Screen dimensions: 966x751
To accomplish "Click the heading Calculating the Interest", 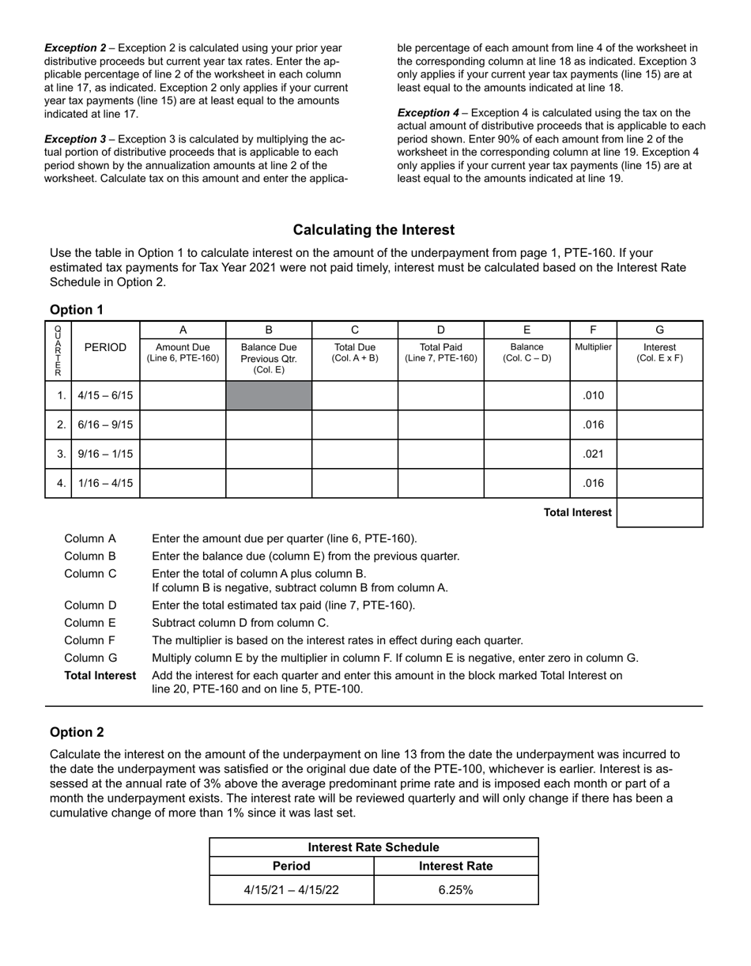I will pos(374,230).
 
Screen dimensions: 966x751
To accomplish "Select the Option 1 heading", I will pos(77,310).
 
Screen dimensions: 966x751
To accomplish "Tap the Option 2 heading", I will pos(77,732).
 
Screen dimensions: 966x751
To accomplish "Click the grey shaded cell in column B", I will pos(269,395).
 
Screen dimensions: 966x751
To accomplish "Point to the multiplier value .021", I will pos(593,454).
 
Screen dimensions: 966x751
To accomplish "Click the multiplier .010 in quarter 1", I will pos(593,395).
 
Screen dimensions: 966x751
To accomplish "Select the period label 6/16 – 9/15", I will pos(105,425).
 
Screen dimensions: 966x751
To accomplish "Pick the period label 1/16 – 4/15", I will pos(105,483).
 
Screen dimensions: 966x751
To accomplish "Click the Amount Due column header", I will pos(183,353).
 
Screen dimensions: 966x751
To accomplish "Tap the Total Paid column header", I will pos(440,353).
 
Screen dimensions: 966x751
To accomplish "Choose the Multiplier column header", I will pos(593,347).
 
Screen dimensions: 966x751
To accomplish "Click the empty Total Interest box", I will pos(659,512).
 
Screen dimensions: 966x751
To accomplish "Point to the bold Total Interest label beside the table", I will pos(577,512).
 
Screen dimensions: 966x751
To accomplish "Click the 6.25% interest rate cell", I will pos(455,889).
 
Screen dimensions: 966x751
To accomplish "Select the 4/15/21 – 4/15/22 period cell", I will pos(291,889).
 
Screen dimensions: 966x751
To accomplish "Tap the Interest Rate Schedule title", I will pos(373,847).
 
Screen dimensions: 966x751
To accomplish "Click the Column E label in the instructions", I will pos(90,623).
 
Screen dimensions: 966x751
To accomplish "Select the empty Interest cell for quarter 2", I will pos(659,425).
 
